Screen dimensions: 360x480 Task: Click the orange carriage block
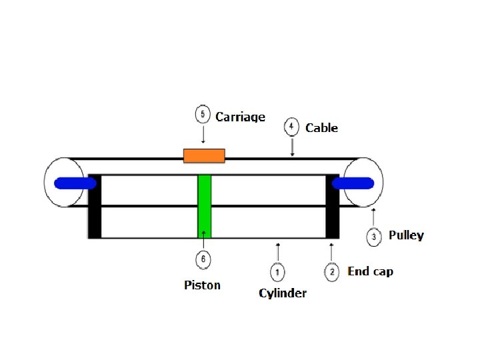coord(204,155)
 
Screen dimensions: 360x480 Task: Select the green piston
coord(204,206)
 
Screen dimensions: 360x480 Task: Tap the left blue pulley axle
coord(73,183)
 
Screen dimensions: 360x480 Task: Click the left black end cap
coord(95,206)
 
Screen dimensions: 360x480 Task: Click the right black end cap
coord(331,206)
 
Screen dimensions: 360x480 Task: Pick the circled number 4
coord(291,126)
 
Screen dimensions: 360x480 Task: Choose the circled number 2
coord(331,271)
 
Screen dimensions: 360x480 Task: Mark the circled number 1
coord(277,271)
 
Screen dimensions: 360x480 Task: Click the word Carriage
coord(241,117)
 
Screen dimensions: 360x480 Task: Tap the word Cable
coord(321,128)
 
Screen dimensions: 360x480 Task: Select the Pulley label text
coord(406,235)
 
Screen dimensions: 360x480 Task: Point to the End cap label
coord(370,271)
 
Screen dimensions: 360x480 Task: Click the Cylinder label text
coord(283,293)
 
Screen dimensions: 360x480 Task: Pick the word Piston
coord(202,285)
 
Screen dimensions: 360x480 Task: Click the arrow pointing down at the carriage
coord(203,135)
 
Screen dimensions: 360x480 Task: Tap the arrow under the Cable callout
coord(291,147)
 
